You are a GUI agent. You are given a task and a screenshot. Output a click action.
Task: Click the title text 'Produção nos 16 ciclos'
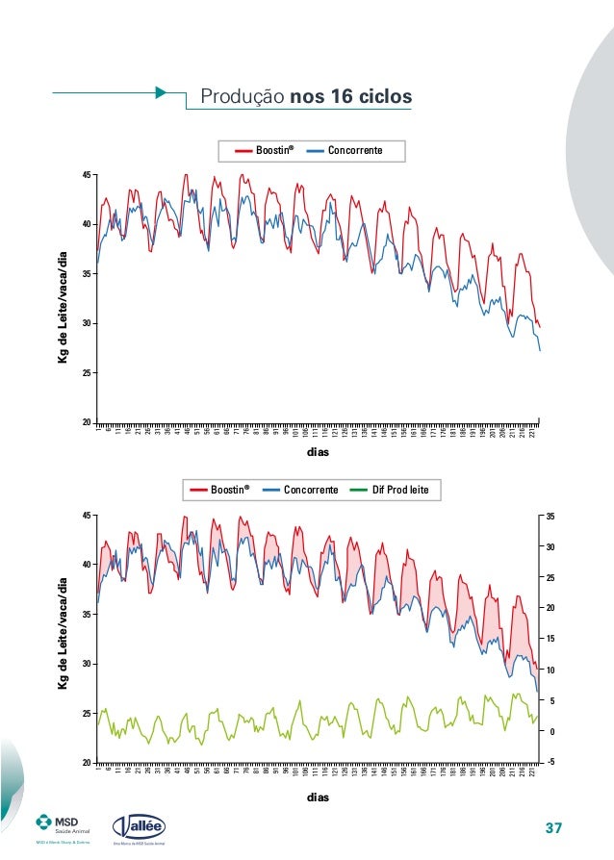point(305,97)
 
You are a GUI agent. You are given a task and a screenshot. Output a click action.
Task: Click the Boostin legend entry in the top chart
point(262,151)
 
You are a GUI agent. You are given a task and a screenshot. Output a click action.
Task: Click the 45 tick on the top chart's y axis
point(87,175)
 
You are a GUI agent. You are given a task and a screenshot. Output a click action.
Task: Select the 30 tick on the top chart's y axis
point(87,323)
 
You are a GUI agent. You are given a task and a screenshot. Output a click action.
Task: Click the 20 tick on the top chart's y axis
point(87,422)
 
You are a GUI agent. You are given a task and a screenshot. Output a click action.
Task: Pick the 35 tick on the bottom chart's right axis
point(550,517)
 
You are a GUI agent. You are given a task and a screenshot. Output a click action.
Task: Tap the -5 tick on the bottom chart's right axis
point(550,763)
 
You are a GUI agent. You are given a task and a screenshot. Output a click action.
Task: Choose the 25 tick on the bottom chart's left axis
point(87,713)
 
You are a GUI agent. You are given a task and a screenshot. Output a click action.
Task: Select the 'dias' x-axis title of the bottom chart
point(318,797)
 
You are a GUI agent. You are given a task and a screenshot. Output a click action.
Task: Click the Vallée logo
point(140,826)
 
